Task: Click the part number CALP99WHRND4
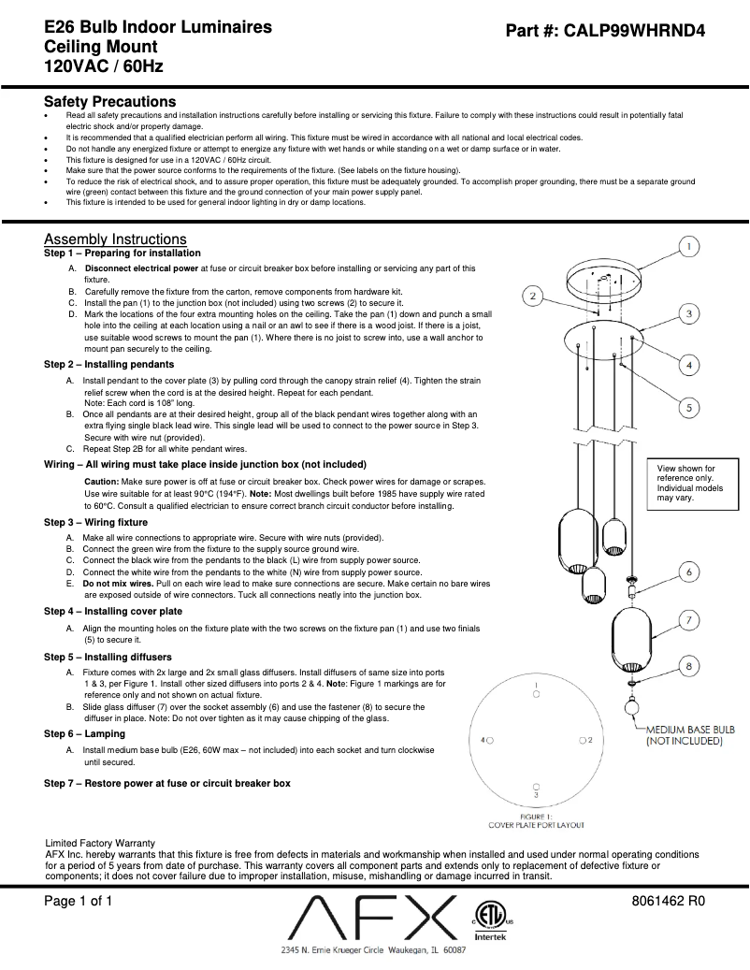644,31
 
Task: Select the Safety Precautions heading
109,101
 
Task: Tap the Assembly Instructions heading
115,239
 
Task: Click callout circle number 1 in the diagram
687,247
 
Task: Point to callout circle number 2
531,297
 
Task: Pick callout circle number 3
687,314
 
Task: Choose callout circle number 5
687,407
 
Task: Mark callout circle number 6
687,571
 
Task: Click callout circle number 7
687,619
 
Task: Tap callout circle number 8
687,666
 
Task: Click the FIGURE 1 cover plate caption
536,820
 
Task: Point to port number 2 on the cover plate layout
592,739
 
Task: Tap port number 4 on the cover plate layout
484,739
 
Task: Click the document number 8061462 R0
668,903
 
